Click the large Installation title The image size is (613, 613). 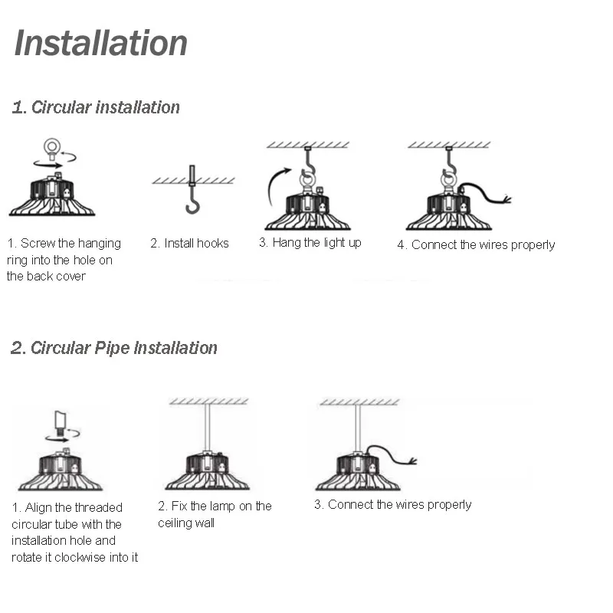pyautogui.click(x=100, y=43)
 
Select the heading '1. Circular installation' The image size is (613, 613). pyautogui.click(x=96, y=107)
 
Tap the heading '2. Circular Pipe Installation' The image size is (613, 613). pyautogui.click(x=114, y=348)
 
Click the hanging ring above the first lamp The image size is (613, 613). pyautogui.click(x=52, y=146)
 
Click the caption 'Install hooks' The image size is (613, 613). pyautogui.click(x=189, y=243)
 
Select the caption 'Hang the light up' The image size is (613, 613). pyautogui.click(x=310, y=242)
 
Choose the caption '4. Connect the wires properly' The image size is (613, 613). pyautogui.click(x=476, y=244)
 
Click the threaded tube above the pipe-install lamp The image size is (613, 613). pyautogui.click(x=60, y=421)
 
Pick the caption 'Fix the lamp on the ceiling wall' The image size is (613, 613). pyautogui.click(x=215, y=514)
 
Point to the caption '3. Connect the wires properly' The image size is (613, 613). pyautogui.click(x=392, y=504)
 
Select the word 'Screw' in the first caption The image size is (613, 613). pyautogui.click(x=35, y=243)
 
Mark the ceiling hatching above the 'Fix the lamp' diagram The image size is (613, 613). pyautogui.click(x=208, y=401)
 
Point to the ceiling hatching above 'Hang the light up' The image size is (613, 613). pyautogui.click(x=307, y=144)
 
